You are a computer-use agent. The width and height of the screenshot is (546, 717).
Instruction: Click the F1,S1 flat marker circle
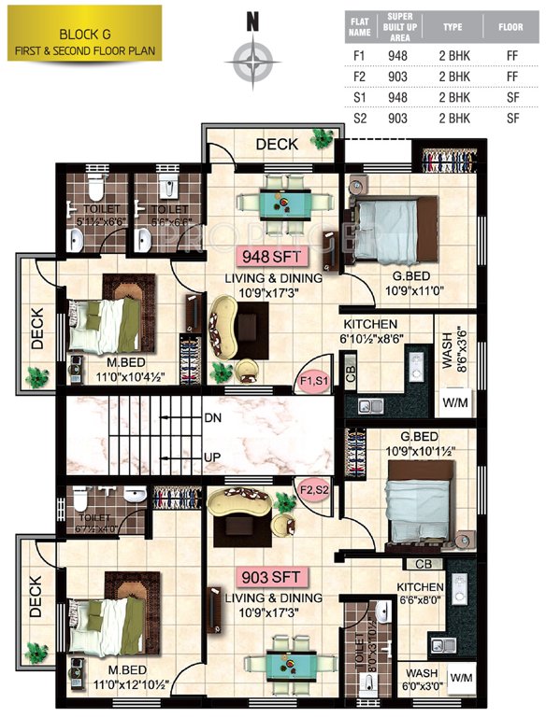pos(311,382)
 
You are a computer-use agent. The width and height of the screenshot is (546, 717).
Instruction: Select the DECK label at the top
pos(277,144)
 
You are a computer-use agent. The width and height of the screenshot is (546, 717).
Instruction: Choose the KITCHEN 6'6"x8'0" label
pos(417,593)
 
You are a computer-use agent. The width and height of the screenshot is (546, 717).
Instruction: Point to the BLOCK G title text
pos(82,34)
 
